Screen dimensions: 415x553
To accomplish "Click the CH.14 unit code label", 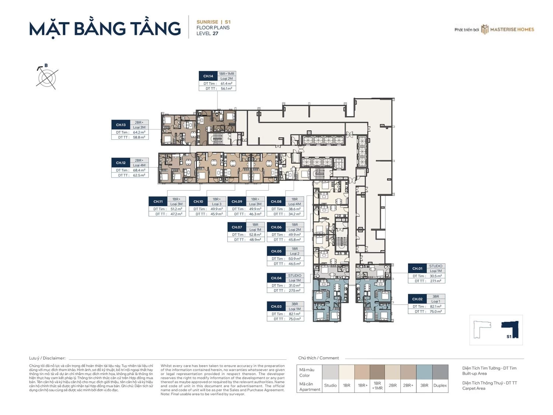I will coord(208,76).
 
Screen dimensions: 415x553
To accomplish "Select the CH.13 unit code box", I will coord(121,125).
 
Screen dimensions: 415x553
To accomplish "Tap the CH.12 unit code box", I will coord(121,163).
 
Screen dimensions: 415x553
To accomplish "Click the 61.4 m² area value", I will coord(226,84).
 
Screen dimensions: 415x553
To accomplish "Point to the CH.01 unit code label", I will coord(417,269).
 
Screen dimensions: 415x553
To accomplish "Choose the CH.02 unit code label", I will coord(417,299).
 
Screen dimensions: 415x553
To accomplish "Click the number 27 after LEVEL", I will coord(215,34).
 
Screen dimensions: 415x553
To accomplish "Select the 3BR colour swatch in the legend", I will coord(424,372).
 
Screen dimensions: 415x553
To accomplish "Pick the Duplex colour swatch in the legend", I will coord(440,372).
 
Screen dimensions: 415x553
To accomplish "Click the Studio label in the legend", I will coord(330,385).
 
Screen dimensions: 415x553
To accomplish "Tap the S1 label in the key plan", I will coord(509,336).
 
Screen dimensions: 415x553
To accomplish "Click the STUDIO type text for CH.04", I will coord(295,276).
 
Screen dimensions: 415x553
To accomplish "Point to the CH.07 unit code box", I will coord(237,227).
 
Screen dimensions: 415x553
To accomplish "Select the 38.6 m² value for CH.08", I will coord(294,209).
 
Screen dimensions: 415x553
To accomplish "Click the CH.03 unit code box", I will coord(276,307).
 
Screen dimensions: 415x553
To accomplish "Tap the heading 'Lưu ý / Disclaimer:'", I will coord(47,358).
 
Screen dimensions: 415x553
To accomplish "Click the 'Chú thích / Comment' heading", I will coord(319,358).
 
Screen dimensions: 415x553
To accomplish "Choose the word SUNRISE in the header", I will coord(207,22).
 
